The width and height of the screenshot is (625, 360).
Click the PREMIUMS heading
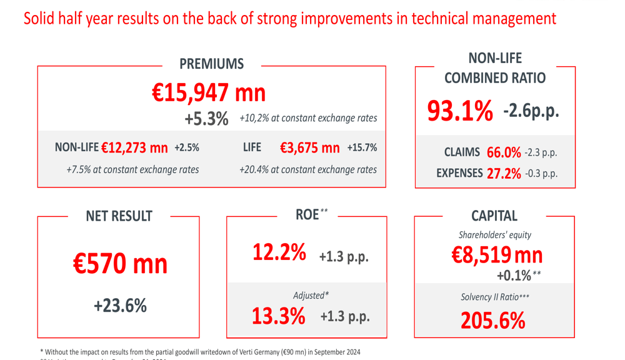click(211, 64)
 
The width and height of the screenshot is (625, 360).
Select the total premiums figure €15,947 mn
click(209, 93)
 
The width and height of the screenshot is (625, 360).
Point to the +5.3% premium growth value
click(206, 119)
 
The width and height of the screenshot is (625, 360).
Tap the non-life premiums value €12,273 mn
click(134, 148)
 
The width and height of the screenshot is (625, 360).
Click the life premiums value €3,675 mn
click(309, 148)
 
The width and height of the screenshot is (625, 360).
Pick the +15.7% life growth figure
click(362, 148)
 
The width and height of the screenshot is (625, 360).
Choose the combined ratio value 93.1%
click(460, 111)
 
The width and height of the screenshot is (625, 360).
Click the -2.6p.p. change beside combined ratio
click(531, 111)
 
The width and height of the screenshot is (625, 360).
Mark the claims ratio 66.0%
click(504, 152)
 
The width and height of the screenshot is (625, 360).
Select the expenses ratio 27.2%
click(504, 174)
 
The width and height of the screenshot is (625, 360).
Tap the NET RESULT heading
click(119, 216)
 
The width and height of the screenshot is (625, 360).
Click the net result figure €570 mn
click(120, 263)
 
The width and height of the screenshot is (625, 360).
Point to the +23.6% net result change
click(120, 306)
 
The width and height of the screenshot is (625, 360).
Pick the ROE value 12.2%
click(279, 252)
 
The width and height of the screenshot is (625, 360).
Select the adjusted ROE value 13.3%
click(279, 316)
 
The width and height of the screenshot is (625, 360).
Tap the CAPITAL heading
click(494, 216)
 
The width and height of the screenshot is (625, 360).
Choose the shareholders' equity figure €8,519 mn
click(497, 255)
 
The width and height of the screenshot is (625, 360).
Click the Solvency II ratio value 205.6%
click(493, 321)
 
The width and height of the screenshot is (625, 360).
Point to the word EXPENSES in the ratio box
click(459, 174)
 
